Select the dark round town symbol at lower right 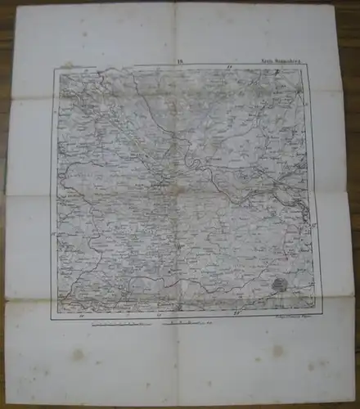click(281, 285)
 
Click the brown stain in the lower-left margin click(78, 354)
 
